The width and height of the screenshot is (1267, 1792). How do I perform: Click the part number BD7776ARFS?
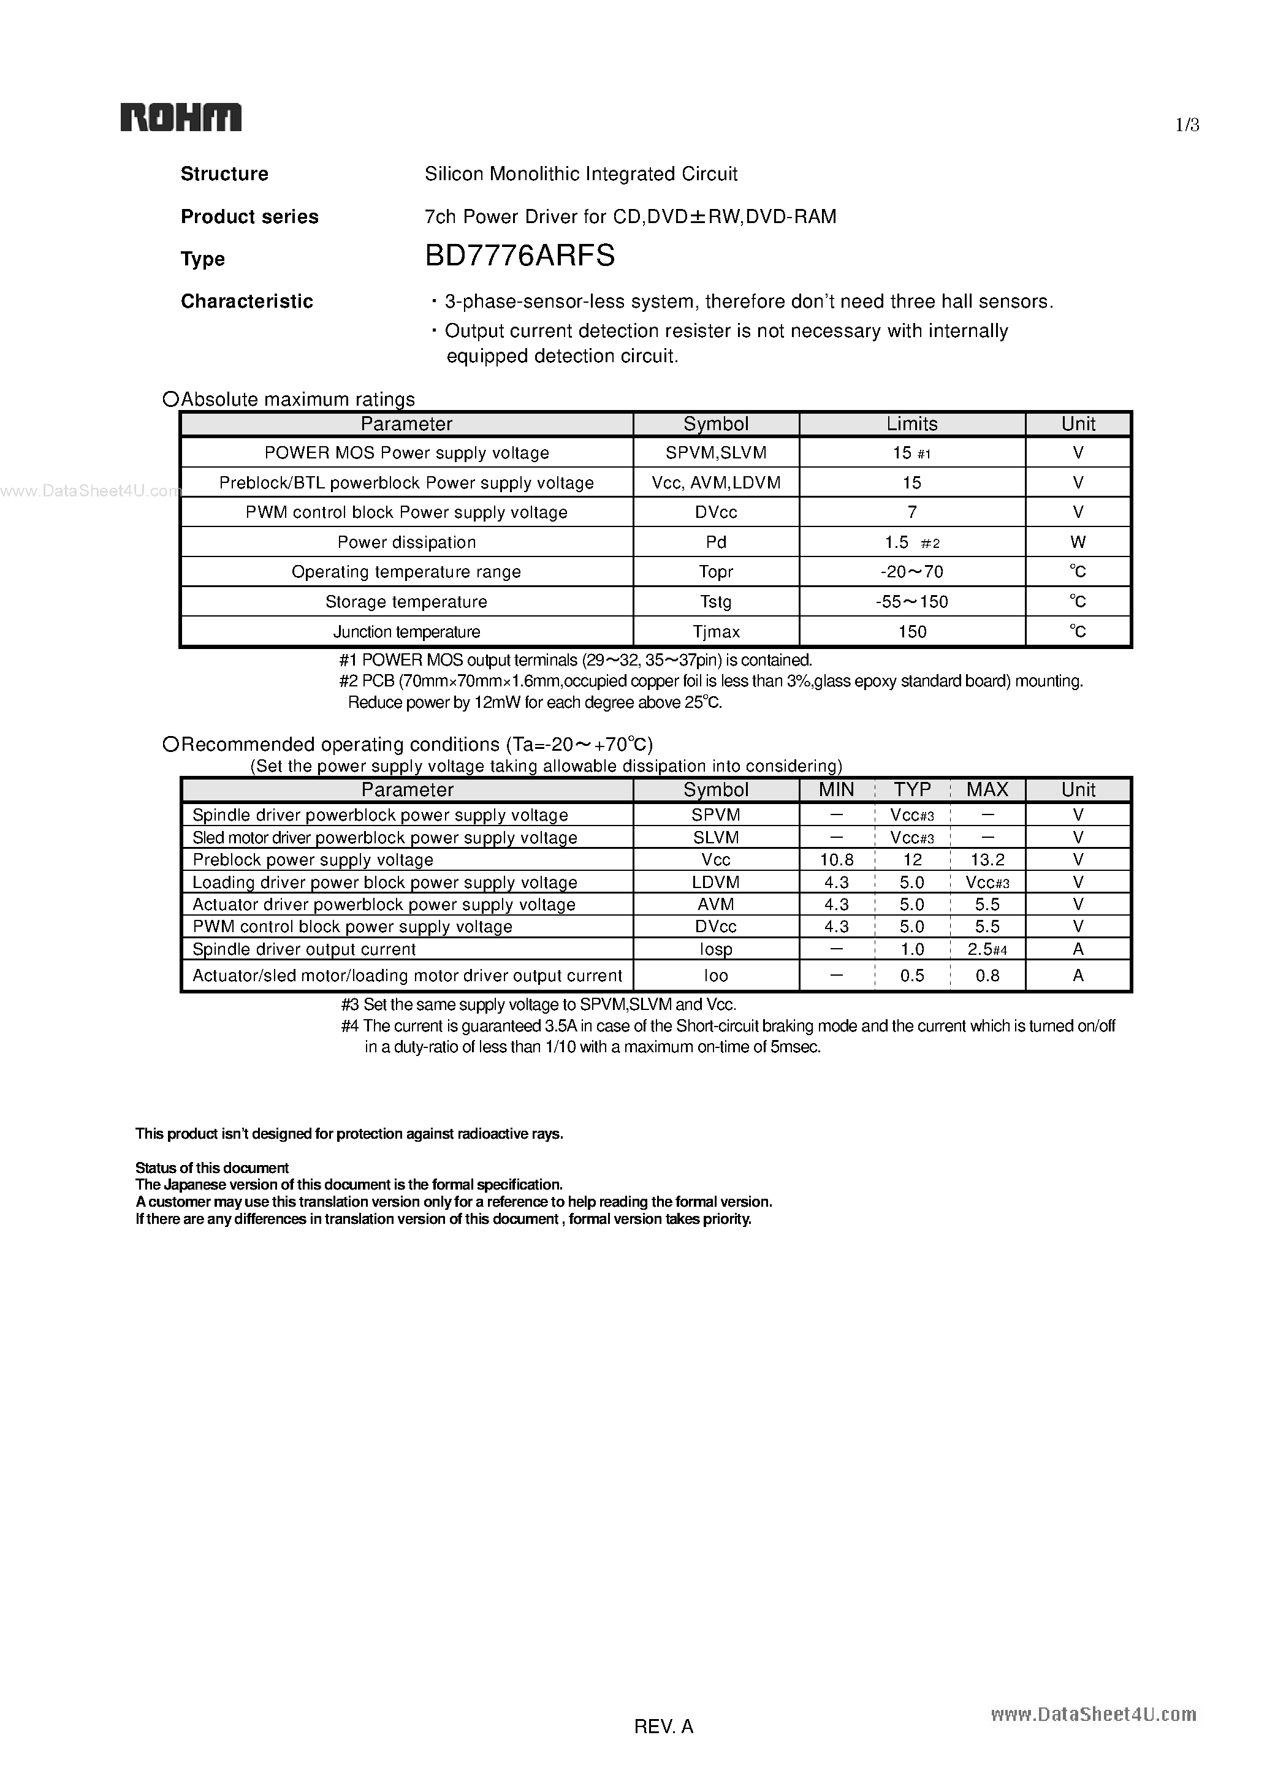point(519,256)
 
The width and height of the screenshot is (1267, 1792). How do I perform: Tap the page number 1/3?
point(1187,125)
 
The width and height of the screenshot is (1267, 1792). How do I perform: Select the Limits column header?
point(912,424)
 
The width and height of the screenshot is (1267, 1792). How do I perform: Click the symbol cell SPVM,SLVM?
point(716,453)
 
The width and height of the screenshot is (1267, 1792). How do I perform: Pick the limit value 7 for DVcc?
point(912,512)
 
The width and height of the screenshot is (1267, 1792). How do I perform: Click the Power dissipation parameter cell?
point(406,542)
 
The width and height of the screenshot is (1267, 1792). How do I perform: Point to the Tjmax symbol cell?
point(716,631)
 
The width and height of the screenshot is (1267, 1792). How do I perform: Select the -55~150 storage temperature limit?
point(912,602)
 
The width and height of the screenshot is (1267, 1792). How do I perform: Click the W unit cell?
point(1078,542)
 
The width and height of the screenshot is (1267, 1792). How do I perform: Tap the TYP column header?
point(912,790)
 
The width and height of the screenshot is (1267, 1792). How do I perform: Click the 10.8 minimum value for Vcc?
point(836,860)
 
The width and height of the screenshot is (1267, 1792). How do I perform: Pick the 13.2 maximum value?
point(987,860)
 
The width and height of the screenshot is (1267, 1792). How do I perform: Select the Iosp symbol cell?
point(716,950)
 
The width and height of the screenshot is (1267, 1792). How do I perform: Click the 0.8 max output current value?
point(987,976)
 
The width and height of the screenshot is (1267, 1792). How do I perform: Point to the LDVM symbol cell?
point(716,883)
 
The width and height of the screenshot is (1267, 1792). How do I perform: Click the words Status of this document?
point(211,1167)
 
